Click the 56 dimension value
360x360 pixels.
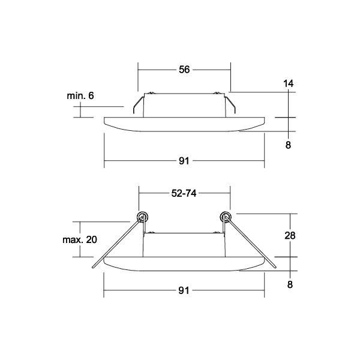click(x=184, y=70)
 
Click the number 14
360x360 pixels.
click(x=289, y=85)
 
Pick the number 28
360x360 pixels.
click(x=289, y=235)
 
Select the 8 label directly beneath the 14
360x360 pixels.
click(x=289, y=145)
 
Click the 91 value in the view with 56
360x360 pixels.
click(x=184, y=161)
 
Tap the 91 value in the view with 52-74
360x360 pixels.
click(x=184, y=291)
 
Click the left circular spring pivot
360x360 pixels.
click(x=143, y=216)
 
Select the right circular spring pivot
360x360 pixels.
click(x=226, y=216)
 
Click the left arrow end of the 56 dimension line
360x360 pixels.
click(x=139, y=70)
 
